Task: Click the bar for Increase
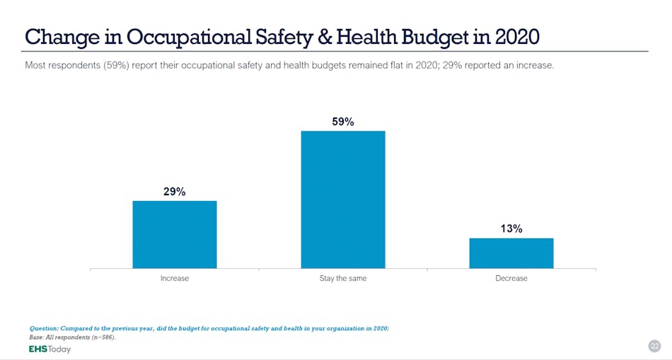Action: pos(175,234)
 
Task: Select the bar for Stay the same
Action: pos(343,199)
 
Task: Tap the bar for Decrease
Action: pos(511,253)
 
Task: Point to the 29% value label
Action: pos(175,192)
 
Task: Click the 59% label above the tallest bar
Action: pos(343,122)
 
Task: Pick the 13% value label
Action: pos(511,228)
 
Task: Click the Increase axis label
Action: pos(175,279)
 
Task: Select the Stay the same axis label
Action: pos(343,279)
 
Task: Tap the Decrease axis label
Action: pos(511,279)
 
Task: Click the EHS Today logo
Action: pos(50,349)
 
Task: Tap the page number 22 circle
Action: pos(654,346)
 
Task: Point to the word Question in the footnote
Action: pos(44,329)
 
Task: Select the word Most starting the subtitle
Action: pos(35,66)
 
